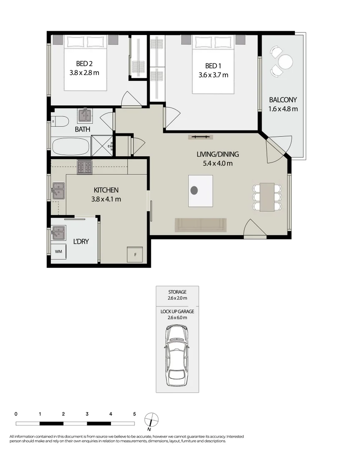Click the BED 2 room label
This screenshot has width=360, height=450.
[x=84, y=64]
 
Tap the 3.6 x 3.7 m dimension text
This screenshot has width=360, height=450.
[x=213, y=75]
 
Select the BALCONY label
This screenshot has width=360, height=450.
[x=283, y=100]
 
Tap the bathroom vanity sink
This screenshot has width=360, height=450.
[x=85, y=114]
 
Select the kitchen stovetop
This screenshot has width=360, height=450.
[x=85, y=167]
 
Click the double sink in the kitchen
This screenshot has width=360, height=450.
[x=57, y=191]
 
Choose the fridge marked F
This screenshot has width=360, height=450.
[x=135, y=254]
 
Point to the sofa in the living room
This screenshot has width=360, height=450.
[x=201, y=225]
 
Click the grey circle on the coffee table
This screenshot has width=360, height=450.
[x=194, y=190]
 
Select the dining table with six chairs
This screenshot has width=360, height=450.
[x=267, y=196]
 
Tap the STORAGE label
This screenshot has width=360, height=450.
[x=177, y=292]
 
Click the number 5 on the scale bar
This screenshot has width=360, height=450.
[x=134, y=414]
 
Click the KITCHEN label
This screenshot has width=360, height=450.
[x=106, y=190]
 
